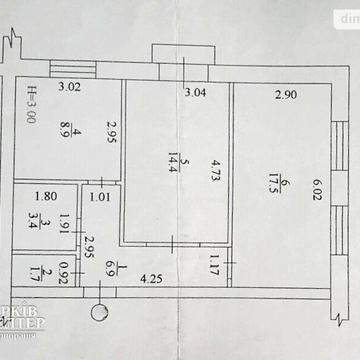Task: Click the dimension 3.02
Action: click(68, 88)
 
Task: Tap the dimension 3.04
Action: click(199, 95)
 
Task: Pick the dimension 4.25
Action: click(151, 279)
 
